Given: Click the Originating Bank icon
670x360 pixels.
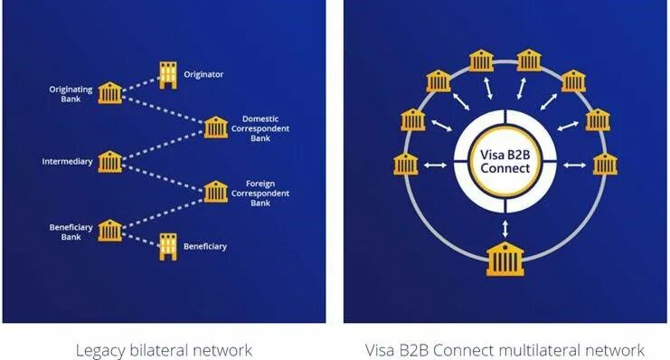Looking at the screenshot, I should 110,92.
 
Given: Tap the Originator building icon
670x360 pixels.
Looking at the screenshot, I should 167,74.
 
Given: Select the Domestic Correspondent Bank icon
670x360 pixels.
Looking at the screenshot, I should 215,127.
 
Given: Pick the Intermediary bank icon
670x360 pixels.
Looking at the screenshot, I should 110,162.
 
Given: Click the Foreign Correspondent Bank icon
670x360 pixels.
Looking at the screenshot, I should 215,192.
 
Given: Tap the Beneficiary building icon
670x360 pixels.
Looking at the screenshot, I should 167,245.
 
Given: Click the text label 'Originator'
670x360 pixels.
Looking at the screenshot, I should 203,74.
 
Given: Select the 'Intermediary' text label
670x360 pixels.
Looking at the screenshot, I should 67,163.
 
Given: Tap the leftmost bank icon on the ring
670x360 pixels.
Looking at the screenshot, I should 405,165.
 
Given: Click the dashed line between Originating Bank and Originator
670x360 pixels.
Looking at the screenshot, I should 138,83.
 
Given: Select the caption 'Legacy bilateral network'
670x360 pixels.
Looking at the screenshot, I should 164,349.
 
